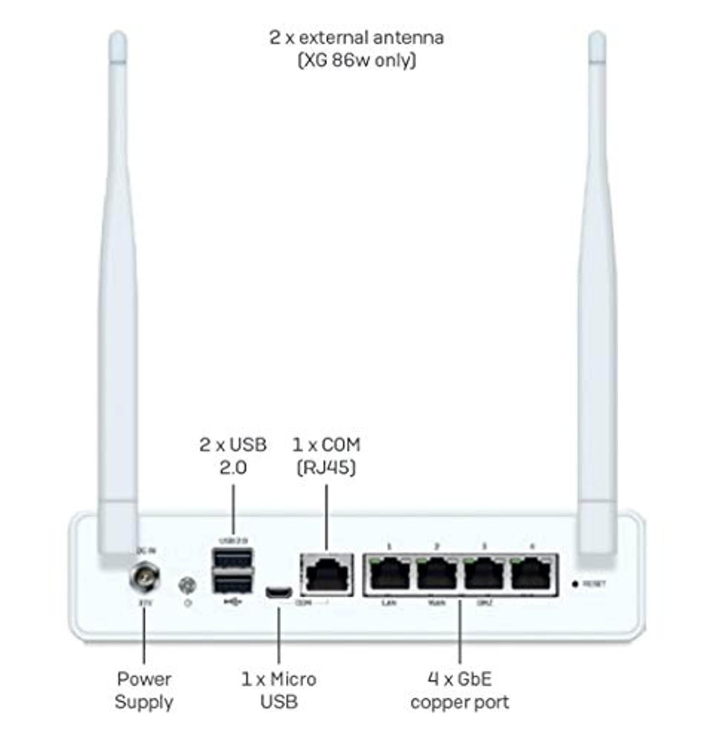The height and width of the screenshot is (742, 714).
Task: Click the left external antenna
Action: point(118,297)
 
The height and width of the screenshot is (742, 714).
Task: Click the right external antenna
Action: point(597,297)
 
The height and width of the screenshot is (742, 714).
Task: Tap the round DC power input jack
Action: point(144,577)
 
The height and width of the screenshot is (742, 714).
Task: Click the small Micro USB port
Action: point(279,592)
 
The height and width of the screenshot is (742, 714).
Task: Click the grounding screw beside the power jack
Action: point(187,586)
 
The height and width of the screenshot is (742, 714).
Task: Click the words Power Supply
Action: point(144,691)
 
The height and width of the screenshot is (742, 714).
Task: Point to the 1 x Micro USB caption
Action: point(279,691)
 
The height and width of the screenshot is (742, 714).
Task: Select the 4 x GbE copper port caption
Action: point(460,691)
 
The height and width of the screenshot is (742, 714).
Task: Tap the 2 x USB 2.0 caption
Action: point(233,456)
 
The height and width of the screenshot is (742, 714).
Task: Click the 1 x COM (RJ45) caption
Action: point(326,456)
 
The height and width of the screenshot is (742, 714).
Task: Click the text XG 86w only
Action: point(357,60)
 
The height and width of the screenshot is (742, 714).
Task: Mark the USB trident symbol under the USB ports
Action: point(233,602)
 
